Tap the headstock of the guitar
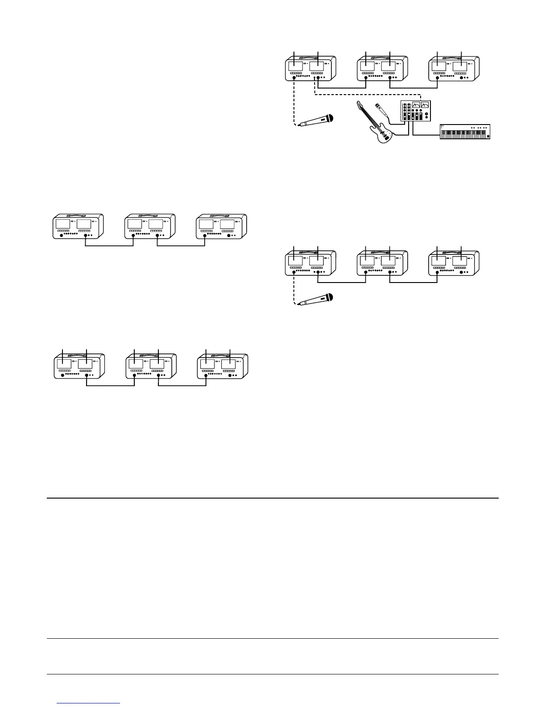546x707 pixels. pyautogui.click(x=358, y=105)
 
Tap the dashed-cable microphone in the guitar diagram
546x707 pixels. pyautogui.click(x=315, y=121)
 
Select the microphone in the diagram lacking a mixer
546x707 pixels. pyautogui.click(x=315, y=299)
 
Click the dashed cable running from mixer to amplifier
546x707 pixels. pyautogui.click(x=366, y=95)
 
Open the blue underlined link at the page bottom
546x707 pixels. pyautogui.click(x=89, y=703)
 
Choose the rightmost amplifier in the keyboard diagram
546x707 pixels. pyautogui.click(x=455, y=68)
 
